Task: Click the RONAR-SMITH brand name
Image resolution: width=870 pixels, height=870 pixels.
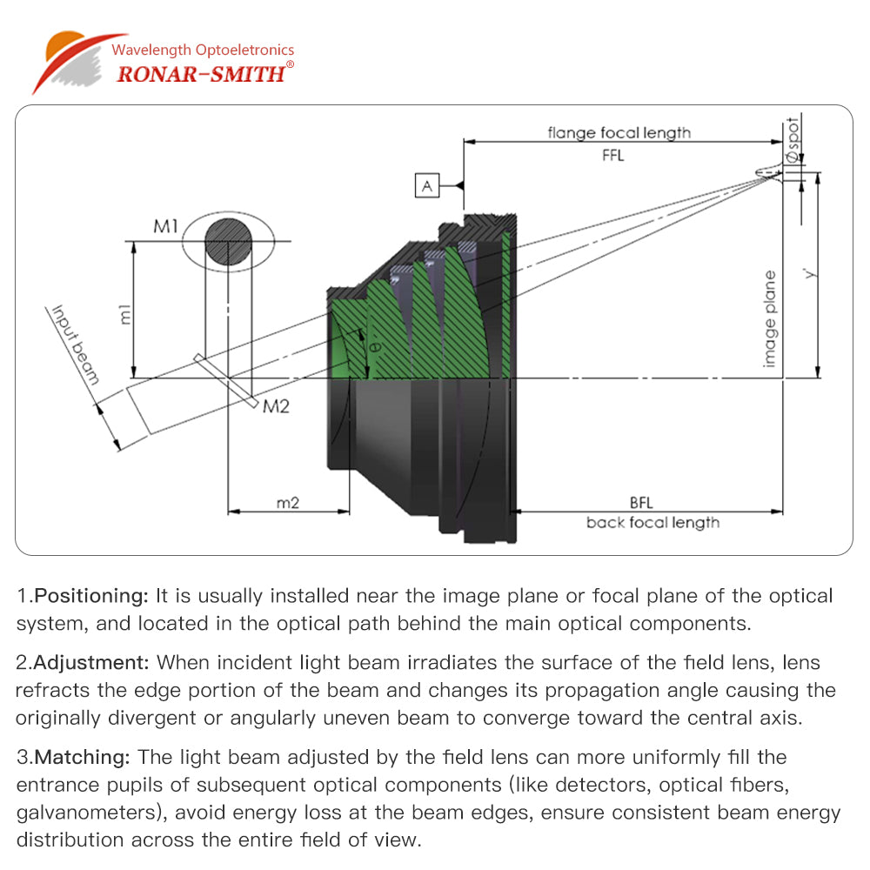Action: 200,73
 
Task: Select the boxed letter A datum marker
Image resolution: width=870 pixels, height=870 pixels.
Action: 426,185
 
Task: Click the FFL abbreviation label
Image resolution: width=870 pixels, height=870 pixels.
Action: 613,157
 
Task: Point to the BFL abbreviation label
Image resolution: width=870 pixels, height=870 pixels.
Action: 641,503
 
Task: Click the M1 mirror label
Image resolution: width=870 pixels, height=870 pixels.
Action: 166,227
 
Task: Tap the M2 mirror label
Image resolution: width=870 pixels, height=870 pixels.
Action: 277,406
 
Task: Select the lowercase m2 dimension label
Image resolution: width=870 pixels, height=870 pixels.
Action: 288,503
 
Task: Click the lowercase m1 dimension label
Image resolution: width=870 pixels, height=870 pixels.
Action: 125,315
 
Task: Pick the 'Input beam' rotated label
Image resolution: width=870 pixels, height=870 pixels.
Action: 76,345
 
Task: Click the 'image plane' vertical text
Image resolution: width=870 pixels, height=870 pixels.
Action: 769,318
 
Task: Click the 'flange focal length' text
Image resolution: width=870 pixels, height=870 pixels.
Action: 619,133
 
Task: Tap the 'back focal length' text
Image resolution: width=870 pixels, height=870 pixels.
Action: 652,523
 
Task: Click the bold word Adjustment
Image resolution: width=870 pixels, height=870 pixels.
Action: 91,663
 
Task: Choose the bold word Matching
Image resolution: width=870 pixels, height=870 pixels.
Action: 84,758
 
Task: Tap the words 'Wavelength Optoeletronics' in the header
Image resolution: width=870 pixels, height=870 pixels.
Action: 203,50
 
